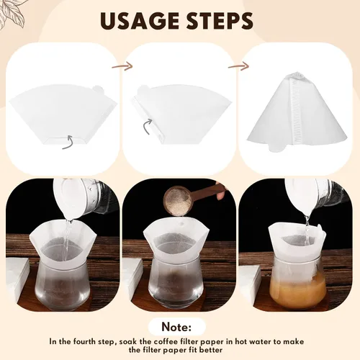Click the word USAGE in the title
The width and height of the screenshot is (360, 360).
click(140, 21)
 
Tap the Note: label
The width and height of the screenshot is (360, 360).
click(176, 327)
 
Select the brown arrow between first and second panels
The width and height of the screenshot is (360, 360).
click(122, 66)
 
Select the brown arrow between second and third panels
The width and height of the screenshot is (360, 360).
click(238, 66)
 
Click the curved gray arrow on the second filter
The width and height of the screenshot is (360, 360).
click(147, 127)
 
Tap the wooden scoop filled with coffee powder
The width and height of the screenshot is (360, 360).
click(189, 197)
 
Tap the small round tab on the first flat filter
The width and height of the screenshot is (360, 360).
click(98, 89)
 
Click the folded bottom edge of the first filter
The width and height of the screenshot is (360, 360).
click(65, 141)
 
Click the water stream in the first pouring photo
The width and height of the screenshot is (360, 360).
click(68, 240)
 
